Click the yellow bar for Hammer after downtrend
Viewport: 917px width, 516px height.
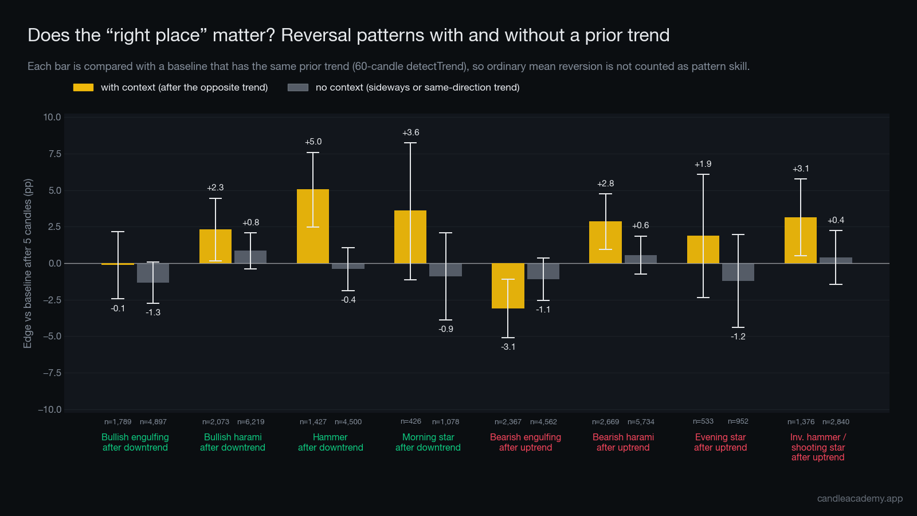point(313,226)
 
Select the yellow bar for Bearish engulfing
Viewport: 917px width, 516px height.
point(508,286)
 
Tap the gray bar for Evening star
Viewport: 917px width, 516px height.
point(738,272)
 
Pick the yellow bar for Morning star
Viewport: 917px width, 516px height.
point(410,237)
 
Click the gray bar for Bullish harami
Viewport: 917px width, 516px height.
point(250,257)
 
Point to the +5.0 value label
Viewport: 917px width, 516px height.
point(313,142)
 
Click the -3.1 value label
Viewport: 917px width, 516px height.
point(508,347)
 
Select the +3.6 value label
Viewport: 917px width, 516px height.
point(410,132)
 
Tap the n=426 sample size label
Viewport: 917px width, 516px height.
point(410,421)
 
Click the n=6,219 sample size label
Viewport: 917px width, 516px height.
point(251,422)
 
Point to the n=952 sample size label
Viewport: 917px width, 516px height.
point(738,421)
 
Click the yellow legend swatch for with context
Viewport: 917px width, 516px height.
point(84,87)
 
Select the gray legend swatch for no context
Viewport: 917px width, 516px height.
point(298,87)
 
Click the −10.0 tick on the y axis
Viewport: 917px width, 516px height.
point(49,409)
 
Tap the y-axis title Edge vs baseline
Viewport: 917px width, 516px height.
point(28,263)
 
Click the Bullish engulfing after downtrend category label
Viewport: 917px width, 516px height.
point(135,442)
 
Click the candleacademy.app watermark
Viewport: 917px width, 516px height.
point(860,498)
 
